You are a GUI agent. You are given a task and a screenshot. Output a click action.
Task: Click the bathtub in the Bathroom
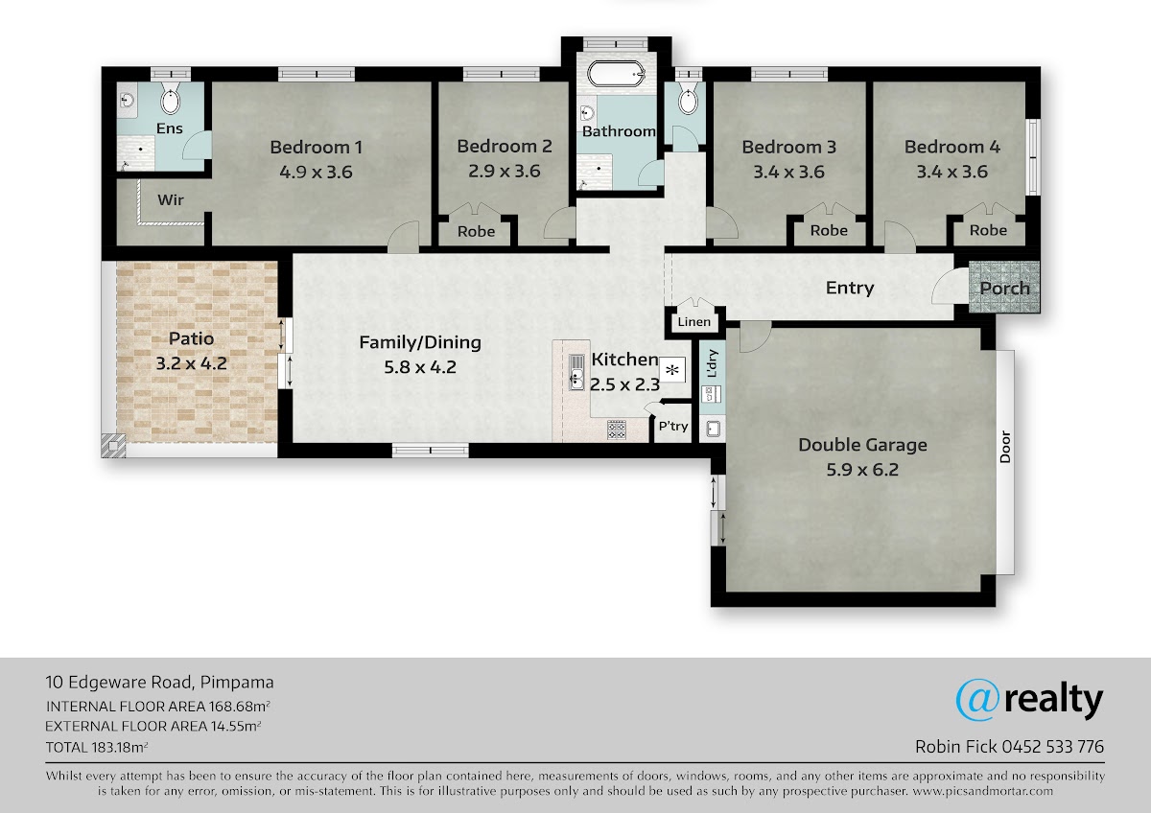(616, 75)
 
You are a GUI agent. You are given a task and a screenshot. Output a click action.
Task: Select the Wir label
(171, 199)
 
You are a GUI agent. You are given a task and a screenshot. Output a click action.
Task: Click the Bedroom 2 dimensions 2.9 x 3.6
(505, 171)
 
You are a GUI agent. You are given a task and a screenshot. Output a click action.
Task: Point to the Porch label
(1004, 289)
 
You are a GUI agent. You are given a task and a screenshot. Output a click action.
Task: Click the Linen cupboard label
(693, 322)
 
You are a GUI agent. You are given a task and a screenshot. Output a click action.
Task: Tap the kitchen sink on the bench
(576, 371)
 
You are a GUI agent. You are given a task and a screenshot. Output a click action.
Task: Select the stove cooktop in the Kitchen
(617, 430)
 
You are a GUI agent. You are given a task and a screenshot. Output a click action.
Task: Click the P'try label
(673, 427)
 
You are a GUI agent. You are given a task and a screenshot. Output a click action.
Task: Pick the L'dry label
(712, 363)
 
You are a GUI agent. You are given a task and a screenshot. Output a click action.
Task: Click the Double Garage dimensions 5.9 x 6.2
(862, 470)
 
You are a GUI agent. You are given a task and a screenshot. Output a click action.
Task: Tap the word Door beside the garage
(1005, 447)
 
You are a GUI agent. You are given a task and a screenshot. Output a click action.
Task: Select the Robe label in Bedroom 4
(988, 230)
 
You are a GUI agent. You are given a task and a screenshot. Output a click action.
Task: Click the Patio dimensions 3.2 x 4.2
(191, 363)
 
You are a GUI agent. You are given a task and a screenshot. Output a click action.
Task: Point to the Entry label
(850, 288)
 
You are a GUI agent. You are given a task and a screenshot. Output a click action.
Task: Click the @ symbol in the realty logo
(977, 700)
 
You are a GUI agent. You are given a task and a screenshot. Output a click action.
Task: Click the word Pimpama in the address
(237, 683)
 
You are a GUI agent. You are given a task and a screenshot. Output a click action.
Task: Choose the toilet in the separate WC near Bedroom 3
(688, 98)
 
